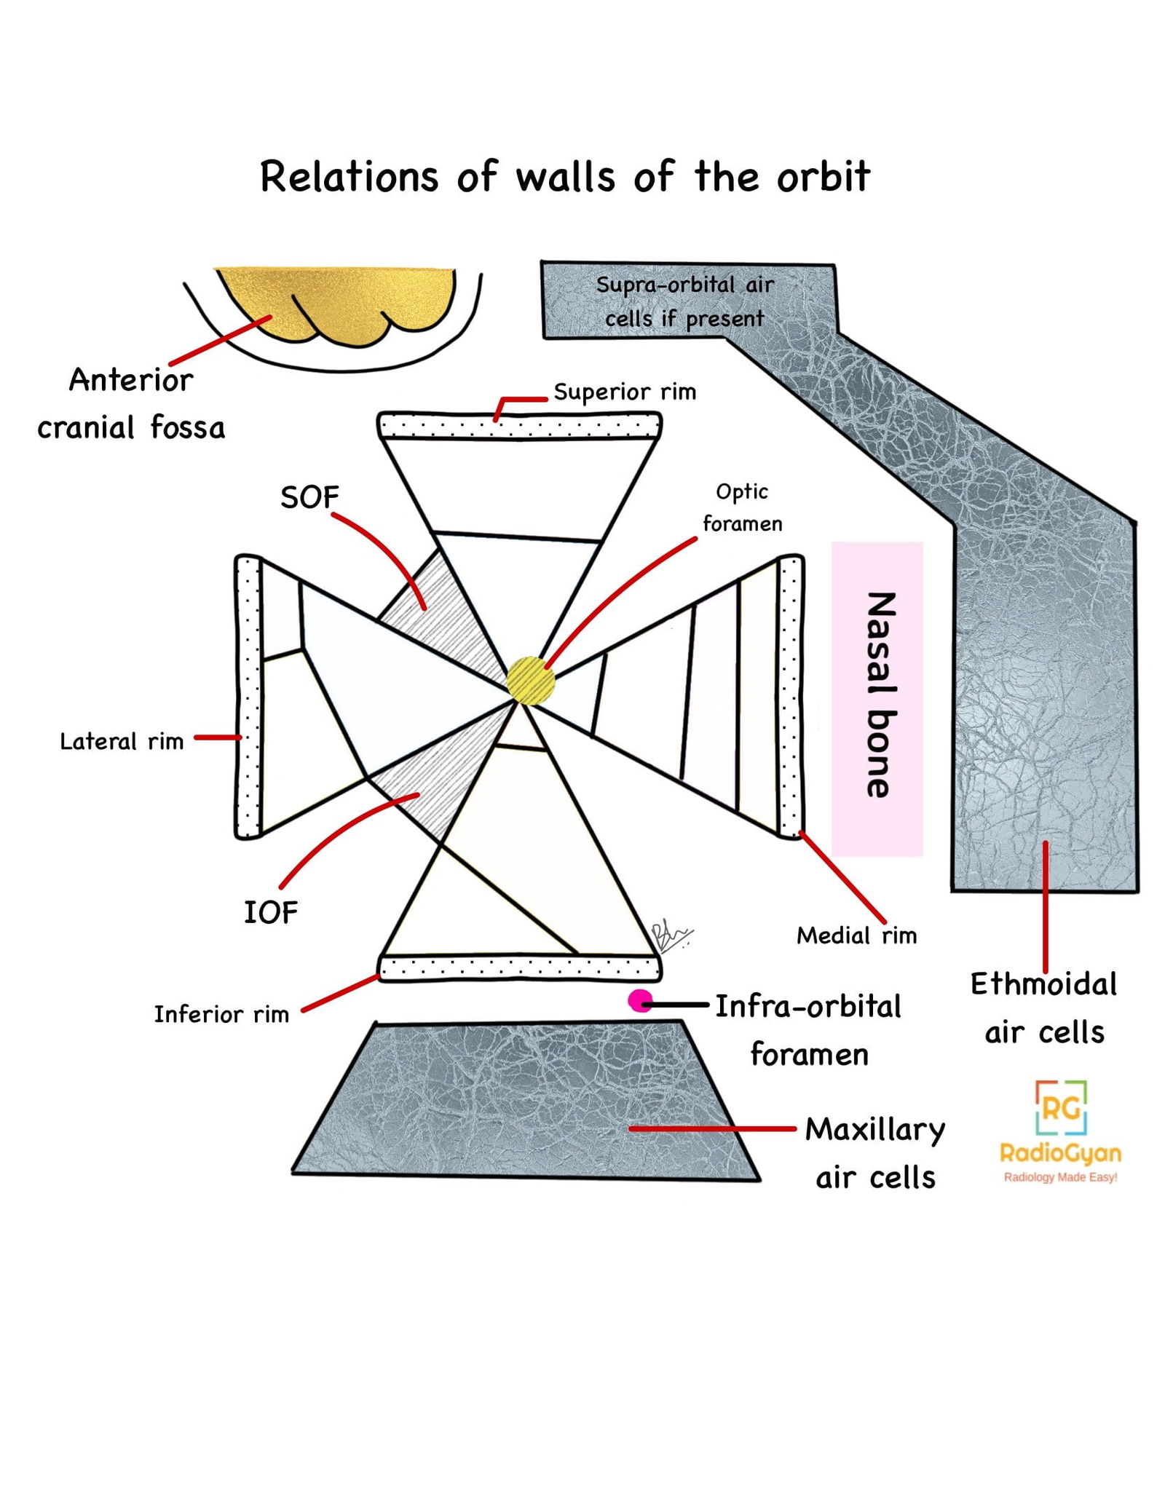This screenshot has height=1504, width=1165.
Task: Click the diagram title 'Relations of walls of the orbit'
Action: click(565, 177)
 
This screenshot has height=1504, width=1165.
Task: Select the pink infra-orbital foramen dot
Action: click(640, 1001)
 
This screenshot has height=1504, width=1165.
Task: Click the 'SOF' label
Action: click(309, 498)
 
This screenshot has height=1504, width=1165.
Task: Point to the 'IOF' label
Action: click(270, 912)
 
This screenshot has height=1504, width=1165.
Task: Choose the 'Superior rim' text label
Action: click(625, 392)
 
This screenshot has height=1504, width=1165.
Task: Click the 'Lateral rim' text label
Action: click(122, 742)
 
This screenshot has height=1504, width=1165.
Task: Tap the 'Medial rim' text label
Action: click(856, 935)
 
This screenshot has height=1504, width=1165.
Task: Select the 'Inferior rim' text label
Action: click(221, 1014)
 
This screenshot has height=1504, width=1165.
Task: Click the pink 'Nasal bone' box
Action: click(877, 697)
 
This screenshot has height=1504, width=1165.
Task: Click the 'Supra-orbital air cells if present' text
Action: click(684, 301)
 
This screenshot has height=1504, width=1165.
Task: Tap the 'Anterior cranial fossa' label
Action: click(131, 403)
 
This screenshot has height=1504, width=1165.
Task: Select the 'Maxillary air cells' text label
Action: click(875, 1153)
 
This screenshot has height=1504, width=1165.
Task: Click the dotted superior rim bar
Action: click(519, 426)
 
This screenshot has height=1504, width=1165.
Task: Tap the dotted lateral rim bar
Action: click(248, 697)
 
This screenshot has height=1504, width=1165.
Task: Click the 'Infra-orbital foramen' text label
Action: click(808, 1030)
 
